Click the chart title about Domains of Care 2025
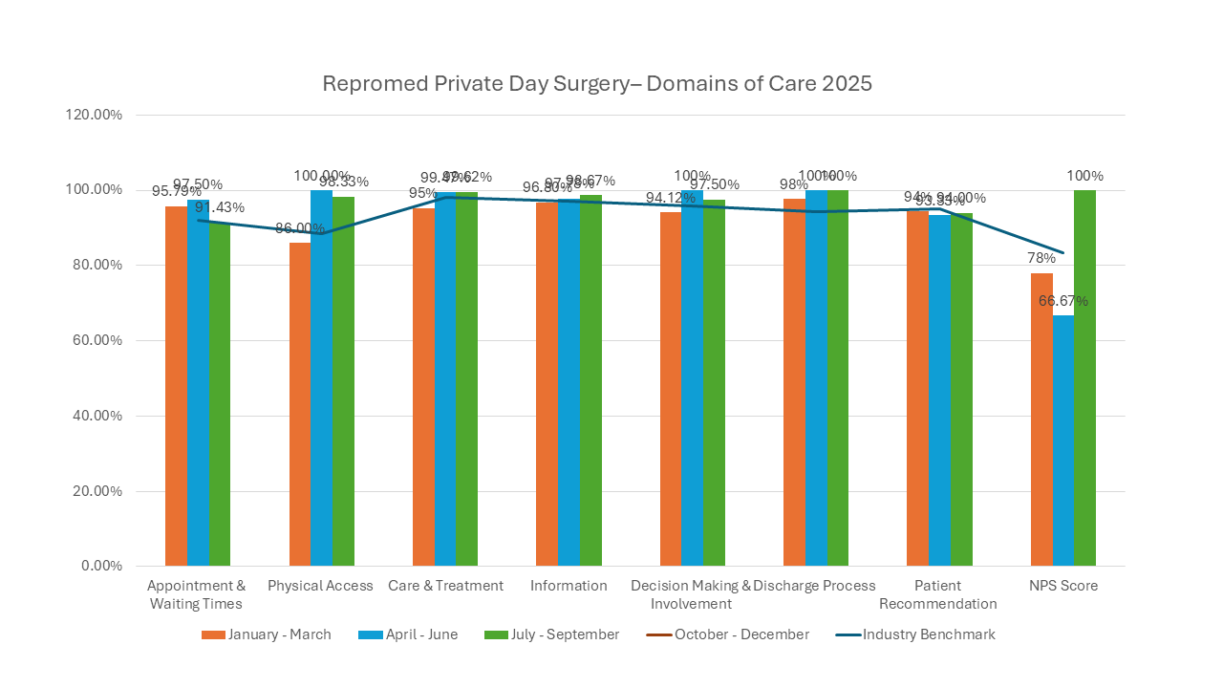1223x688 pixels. pyautogui.click(x=597, y=83)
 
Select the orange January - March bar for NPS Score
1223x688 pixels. pyautogui.click(x=1041, y=419)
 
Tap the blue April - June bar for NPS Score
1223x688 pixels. pyautogui.click(x=1063, y=441)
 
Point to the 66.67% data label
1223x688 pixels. pyautogui.click(x=1063, y=301)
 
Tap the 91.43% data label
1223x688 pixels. pyautogui.click(x=220, y=207)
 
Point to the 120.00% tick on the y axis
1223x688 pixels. pyautogui.click(x=94, y=115)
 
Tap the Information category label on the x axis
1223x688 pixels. pyautogui.click(x=569, y=586)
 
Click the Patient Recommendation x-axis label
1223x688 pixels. pyautogui.click(x=938, y=594)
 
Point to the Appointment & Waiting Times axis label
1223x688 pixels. pyautogui.click(x=197, y=594)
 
